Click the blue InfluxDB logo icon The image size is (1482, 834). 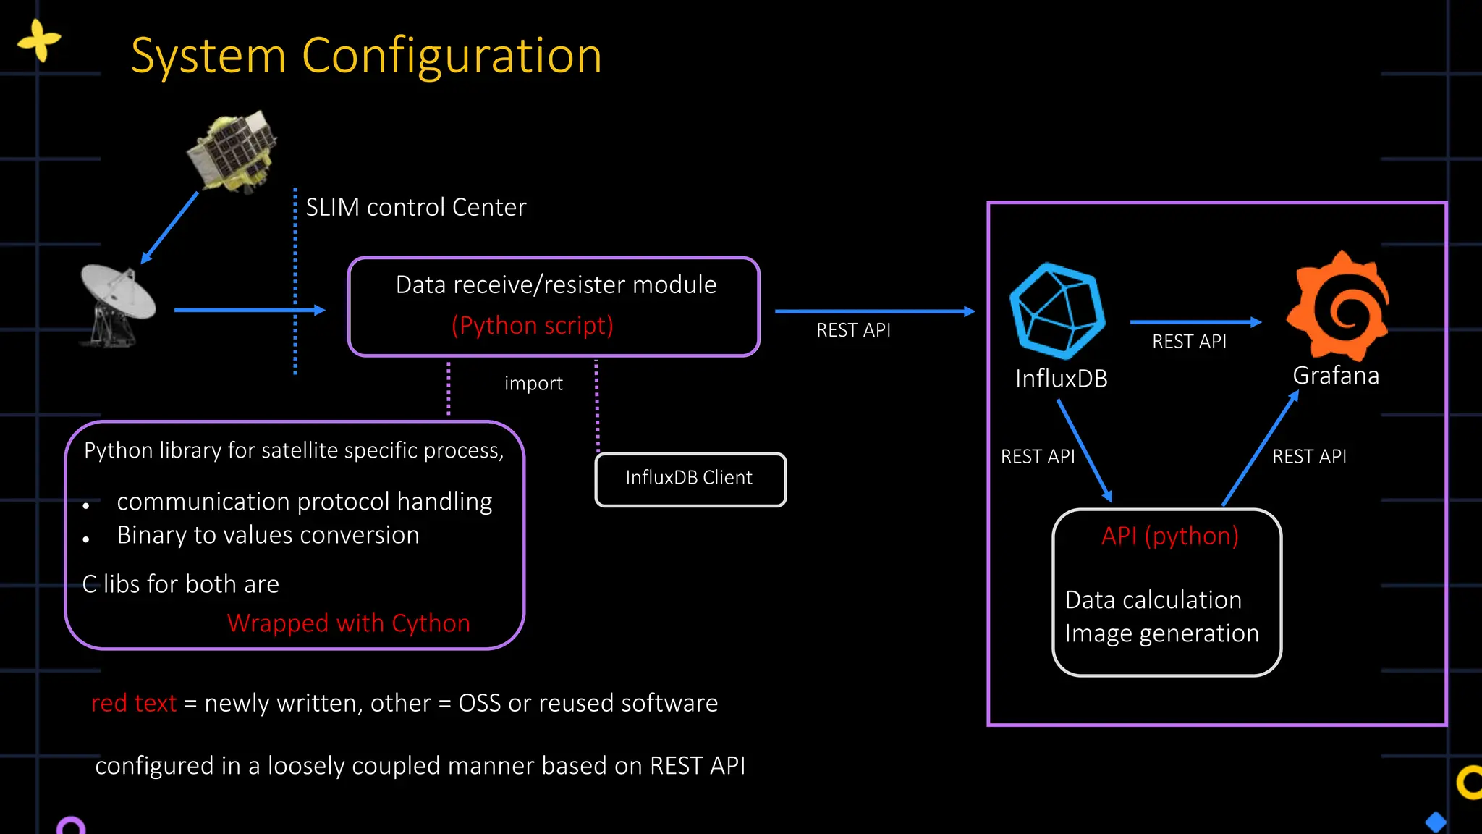click(1057, 311)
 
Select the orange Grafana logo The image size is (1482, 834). click(1338, 306)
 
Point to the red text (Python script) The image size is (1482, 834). click(533, 326)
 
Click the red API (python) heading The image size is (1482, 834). click(1169, 536)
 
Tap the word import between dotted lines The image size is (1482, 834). click(533, 384)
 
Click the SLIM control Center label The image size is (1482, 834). click(415, 208)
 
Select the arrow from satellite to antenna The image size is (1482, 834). click(169, 227)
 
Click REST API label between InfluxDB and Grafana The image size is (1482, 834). click(1189, 342)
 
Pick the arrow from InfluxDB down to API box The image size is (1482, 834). click(1084, 450)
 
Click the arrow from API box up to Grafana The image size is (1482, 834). click(1261, 448)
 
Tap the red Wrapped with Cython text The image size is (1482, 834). click(348, 623)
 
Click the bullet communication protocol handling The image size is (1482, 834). click(304, 502)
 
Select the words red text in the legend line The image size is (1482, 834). click(134, 703)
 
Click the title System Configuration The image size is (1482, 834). click(366, 56)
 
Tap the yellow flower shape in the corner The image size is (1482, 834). click(39, 41)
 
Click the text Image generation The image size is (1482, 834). click(1161, 633)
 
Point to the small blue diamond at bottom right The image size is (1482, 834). click(1436, 822)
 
